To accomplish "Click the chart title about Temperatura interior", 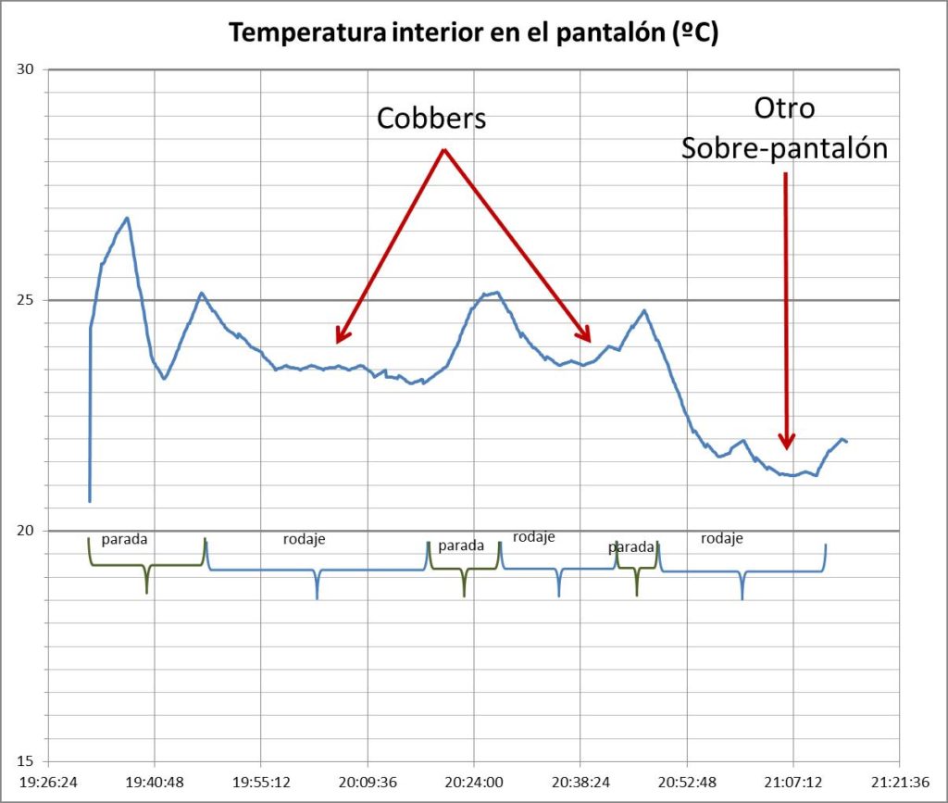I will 474,33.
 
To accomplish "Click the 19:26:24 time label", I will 47,781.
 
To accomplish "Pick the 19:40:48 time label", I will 154,781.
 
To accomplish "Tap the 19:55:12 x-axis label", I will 260,781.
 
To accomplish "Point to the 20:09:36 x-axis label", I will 367,781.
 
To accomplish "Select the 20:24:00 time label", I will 473,781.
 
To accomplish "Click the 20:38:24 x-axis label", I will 580,781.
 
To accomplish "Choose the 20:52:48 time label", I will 686,781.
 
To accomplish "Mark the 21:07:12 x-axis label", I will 792,781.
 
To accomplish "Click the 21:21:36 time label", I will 898,781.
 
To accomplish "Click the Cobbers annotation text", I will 431,119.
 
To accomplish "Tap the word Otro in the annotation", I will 784,108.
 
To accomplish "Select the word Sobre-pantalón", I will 784,147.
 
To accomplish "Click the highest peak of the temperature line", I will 127,218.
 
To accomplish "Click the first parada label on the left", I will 124,538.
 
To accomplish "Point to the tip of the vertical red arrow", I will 786,448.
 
